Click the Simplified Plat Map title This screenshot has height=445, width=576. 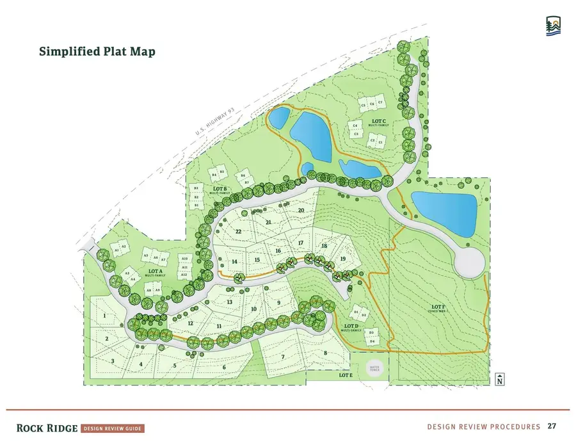tap(97, 52)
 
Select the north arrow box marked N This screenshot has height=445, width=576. tap(499, 379)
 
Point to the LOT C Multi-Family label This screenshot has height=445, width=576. tap(379, 122)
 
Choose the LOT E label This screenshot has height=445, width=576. tap(346, 375)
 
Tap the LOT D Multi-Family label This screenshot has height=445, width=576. tap(350, 328)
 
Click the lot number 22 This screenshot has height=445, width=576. tap(239, 231)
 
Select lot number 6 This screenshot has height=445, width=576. tap(224, 367)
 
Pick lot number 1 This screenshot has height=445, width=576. tap(104, 316)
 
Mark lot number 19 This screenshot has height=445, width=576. tap(343, 259)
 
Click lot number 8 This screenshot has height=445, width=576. tap(325, 353)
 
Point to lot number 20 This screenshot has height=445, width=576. tap(301, 210)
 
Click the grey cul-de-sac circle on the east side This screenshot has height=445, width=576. tap(470, 262)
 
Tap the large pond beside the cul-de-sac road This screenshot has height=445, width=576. tap(445, 213)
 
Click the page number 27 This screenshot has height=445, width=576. tap(551, 426)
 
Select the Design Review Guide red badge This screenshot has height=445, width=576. tap(113, 428)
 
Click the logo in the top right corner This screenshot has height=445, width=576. tap(554, 26)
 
